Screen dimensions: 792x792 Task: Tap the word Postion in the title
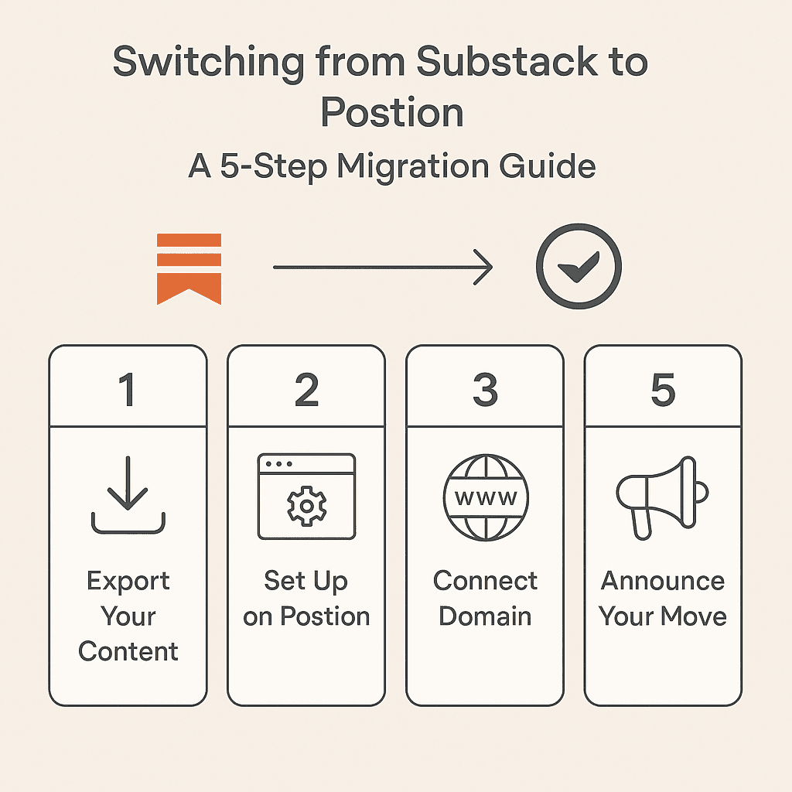click(392, 113)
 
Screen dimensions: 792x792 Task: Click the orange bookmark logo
click(189, 268)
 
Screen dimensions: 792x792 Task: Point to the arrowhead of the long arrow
click(486, 268)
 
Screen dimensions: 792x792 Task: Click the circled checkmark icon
click(579, 268)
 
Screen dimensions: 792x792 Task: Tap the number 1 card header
click(128, 390)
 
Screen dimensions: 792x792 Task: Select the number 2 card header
click(306, 390)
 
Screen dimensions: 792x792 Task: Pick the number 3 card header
click(485, 390)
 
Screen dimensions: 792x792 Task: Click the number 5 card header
click(663, 390)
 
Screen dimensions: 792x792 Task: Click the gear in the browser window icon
click(306, 506)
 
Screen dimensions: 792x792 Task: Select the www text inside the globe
click(486, 497)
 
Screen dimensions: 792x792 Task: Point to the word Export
click(128, 581)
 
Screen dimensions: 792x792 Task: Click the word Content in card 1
click(128, 651)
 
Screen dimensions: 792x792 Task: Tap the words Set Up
click(306, 581)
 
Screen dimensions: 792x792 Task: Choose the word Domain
click(485, 616)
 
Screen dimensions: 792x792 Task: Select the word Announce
click(663, 581)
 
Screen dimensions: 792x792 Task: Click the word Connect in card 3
click(485, 581)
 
